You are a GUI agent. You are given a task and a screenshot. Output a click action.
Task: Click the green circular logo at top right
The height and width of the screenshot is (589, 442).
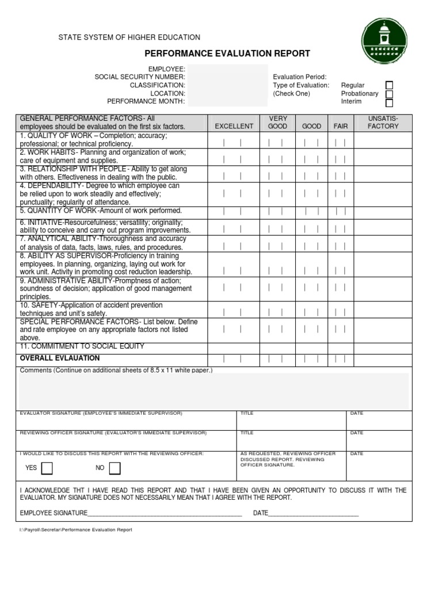point(384,41)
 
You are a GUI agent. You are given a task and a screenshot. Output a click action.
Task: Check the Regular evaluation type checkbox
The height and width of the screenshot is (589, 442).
point(389,85)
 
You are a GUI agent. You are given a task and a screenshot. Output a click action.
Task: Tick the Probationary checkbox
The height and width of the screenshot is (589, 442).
point(389,94)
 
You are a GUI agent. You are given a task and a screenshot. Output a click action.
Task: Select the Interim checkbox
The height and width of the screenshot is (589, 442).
point(389,103)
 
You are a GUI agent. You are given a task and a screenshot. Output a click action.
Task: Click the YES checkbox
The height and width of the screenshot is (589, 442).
point(47,468)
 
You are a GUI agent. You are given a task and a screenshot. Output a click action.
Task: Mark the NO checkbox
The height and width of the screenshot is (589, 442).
point(115,468)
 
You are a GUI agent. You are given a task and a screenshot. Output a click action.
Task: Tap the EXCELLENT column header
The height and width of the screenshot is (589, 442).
point(234,126)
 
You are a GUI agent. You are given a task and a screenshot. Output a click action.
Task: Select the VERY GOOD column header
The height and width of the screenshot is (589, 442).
point(277,122)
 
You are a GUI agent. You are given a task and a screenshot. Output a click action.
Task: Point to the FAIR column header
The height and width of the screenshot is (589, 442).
point(341,126)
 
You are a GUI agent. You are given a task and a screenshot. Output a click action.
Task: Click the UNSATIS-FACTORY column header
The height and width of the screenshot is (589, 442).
point(383,122)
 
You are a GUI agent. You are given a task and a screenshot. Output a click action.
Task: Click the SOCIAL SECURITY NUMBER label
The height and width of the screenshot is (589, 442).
point(140,77)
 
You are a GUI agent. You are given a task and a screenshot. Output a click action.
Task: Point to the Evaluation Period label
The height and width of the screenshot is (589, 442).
point(300,77)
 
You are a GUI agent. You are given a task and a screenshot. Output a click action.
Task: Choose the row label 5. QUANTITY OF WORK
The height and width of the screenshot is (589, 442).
point(101,211)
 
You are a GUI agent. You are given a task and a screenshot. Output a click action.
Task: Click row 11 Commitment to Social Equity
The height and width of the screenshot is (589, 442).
point(82,347)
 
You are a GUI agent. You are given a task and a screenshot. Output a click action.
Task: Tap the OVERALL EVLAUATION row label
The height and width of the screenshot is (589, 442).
point(60,358)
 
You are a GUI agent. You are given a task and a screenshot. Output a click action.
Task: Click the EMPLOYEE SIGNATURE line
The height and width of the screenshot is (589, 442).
point(164,513)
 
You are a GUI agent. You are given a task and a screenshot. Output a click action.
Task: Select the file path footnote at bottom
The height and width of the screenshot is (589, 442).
point(75,530)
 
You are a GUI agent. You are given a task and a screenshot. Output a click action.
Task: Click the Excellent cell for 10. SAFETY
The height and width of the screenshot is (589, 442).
point(233,312)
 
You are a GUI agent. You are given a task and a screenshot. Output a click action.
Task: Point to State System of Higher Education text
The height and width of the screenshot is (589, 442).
point(129,37)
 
